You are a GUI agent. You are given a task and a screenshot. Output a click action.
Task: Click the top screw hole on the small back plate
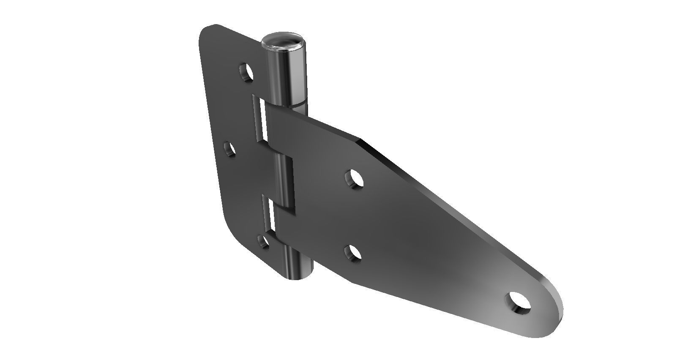[x=246, y=72]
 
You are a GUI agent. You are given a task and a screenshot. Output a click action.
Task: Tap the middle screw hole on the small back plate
[x=230, y=149]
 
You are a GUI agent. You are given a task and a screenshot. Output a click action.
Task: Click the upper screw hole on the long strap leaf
[x=354, y=178]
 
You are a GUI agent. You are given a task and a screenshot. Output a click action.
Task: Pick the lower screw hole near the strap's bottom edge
[x=353, y=254]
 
